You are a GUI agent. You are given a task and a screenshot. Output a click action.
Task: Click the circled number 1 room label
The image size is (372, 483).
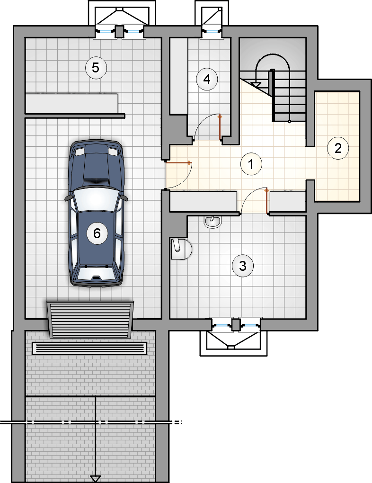[x=251, y=164]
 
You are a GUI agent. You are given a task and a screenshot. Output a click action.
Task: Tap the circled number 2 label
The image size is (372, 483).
[x=338, y=148]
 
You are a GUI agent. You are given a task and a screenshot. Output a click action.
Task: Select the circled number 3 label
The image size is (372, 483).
[x=243, y=266]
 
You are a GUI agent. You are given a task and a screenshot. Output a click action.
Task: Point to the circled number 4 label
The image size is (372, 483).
[x=207, y=79]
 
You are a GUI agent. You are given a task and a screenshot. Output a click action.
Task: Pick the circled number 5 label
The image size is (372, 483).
[x=96, y=68]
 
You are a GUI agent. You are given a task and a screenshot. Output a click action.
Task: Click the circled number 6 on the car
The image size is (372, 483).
[x=97, y=233]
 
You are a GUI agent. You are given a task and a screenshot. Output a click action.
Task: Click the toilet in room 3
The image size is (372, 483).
[x=181, y=248]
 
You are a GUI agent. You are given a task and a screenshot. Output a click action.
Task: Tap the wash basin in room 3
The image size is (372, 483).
[x=212, y=222]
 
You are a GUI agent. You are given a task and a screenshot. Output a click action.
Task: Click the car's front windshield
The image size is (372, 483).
[x=97, y=200]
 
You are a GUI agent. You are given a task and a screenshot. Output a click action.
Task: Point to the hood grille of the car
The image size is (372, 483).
[x=97, y=181]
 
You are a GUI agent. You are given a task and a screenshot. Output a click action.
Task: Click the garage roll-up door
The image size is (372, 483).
[x=90, y=320]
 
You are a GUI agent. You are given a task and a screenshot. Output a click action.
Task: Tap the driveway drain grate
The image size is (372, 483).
[x=89, y=349]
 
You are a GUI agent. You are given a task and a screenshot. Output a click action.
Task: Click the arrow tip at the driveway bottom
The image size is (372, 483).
[x=96, y=482]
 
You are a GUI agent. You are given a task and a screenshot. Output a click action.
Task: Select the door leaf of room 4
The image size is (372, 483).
[x=220, y=128]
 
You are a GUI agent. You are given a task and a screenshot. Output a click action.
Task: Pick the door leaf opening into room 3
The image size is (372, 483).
[x=266, y=200]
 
